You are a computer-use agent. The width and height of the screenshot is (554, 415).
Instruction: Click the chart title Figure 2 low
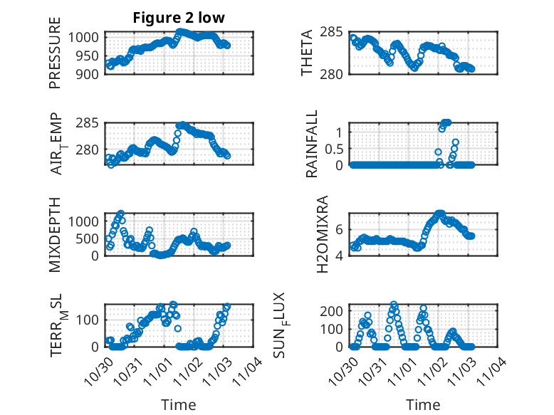point(179,19)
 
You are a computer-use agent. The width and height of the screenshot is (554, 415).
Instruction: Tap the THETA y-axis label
point(306,53)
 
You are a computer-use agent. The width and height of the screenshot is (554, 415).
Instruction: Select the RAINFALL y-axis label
point(312,145)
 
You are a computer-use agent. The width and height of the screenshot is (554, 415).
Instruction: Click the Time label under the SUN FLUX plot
point(423,405)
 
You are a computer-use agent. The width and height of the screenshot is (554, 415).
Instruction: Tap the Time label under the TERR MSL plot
point(179,405)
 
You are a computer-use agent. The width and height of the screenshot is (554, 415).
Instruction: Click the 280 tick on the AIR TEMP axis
point(90,150)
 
